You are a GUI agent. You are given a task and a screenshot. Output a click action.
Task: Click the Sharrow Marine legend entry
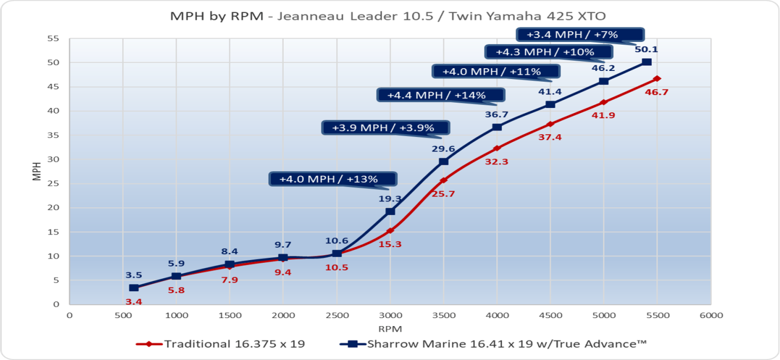(x=493, y=344)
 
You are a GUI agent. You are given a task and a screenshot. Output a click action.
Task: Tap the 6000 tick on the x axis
(x=711, y=315)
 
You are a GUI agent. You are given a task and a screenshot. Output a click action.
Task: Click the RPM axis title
(x=390, y=329)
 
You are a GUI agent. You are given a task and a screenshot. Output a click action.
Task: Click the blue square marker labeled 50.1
(x=646, y=62)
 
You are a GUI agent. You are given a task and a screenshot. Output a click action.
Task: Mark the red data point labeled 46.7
(x=657, y=79)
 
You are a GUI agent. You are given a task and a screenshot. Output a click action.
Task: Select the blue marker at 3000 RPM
(x=390, y=211)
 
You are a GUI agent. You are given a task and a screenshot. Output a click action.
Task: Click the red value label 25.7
(x=443, y=194)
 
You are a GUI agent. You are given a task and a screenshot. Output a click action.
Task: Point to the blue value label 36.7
(x=496, y=115)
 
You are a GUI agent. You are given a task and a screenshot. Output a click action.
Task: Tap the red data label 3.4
(x=134, y=301)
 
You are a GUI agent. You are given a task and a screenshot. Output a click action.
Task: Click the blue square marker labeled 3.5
(x=134, y=287)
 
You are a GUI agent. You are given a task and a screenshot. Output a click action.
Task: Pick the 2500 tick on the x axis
(x=337, y=315)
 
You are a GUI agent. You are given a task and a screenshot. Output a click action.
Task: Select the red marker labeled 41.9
(x=603, y=102)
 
